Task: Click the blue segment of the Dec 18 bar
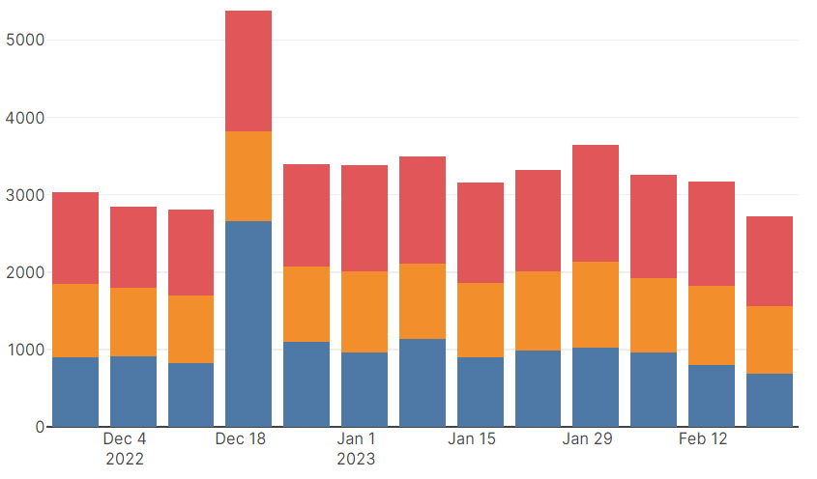248,324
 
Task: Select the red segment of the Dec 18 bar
248,70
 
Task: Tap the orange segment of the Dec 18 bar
248,176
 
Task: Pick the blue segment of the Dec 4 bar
133,391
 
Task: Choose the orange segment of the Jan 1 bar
365,312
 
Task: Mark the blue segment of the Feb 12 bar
712,395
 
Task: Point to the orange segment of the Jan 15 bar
481,320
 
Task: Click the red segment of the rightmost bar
770,261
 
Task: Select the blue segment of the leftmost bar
75,391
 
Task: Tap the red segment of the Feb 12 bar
712,234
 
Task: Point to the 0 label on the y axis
40,427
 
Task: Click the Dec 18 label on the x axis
240,439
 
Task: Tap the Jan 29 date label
587,439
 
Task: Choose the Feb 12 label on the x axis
703,439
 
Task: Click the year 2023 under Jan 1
356,459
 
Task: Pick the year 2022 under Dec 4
125,459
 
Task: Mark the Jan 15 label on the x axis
472,439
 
